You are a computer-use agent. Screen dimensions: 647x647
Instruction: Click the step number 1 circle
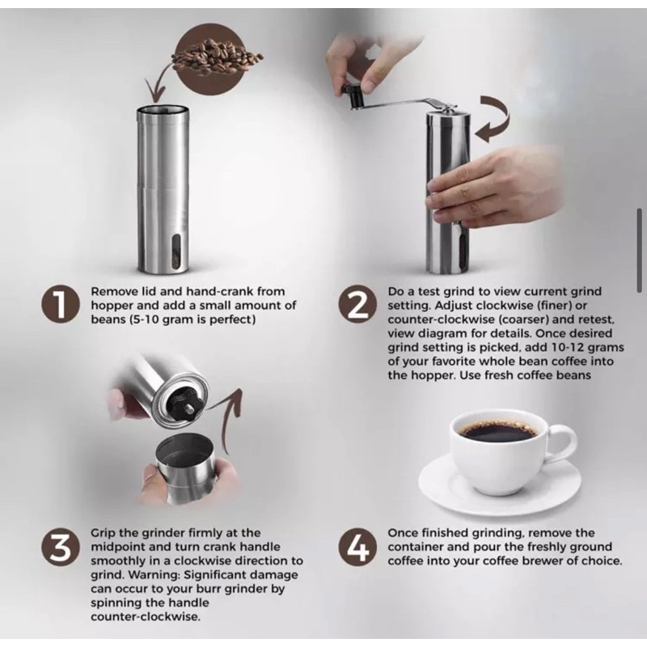(60, 305)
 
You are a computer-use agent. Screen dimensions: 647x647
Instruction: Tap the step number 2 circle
(357, 305)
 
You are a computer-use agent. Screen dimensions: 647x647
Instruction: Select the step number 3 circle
(60, 547)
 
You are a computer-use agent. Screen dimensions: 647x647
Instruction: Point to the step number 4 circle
(357, 547)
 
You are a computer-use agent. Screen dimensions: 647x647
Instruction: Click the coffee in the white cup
(498, 430)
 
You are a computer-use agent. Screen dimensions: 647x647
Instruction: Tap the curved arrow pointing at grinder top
(493, 119)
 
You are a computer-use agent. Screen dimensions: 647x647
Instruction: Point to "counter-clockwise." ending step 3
(146, 617)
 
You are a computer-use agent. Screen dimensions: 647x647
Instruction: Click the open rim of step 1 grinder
(163, 111)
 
